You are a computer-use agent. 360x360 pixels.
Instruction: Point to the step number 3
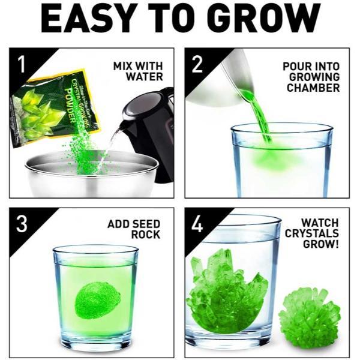[x=22, y=224]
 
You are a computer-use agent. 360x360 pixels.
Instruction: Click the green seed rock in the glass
[x=97, y=298]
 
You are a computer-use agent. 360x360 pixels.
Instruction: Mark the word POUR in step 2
[x=296, y=66]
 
